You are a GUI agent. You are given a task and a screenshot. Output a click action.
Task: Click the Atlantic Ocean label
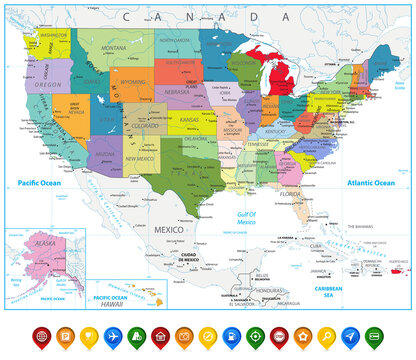[372, 183]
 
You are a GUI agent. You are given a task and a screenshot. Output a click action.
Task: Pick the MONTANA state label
[113, 48]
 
